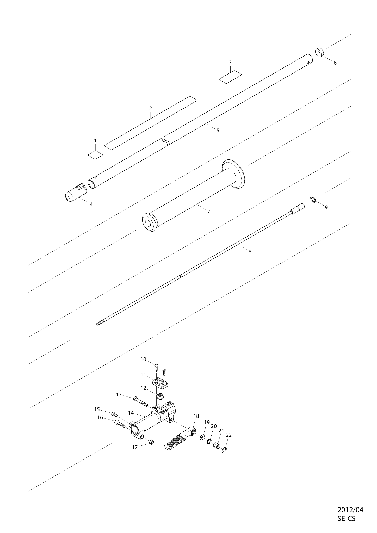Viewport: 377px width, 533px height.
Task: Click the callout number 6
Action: [335, 63]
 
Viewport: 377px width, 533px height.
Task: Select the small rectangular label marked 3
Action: [230, 77]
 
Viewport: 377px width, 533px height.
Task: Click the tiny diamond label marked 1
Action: [95, 155]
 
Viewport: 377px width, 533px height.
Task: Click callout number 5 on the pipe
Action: [218, 131]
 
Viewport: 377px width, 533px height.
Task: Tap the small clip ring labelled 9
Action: [313, 200]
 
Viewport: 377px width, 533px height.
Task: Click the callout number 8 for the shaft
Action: [250, 252]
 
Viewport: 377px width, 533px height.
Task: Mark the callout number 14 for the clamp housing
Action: [131, 413]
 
